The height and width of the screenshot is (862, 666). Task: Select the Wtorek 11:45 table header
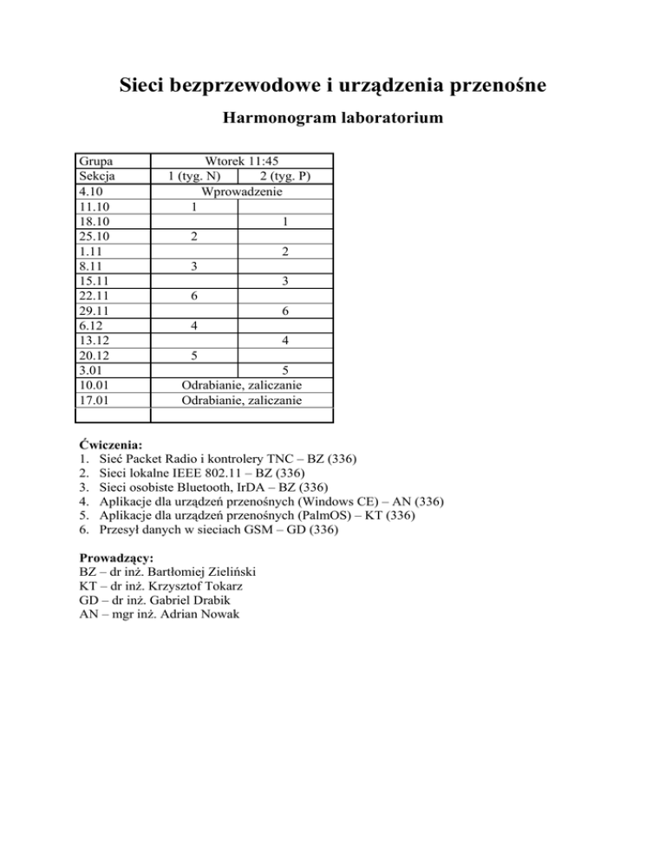[241, 161]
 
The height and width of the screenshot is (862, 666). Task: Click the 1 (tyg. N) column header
[199, 177]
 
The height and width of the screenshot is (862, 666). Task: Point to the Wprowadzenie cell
[241, 192]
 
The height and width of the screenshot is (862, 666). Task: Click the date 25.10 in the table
[94, 237]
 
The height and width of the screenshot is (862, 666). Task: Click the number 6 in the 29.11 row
[284, 311]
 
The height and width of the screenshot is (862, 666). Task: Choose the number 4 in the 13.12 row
[284, 341]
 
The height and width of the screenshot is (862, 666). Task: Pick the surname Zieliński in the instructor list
[228, 571]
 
